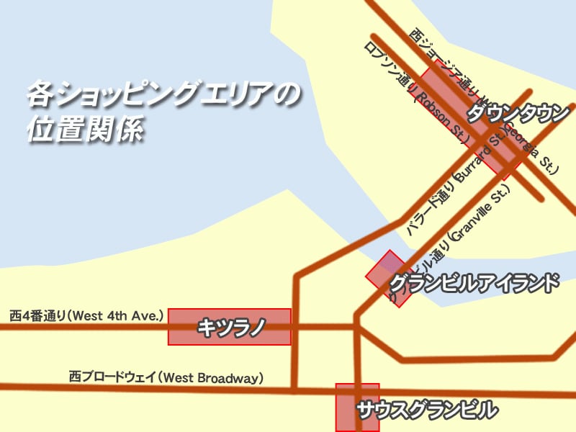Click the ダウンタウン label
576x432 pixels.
518,114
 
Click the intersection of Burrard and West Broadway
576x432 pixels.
294,390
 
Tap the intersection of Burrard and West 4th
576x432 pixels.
294,327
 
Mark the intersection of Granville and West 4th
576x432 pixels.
356,327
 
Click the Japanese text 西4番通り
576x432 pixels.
37,315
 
